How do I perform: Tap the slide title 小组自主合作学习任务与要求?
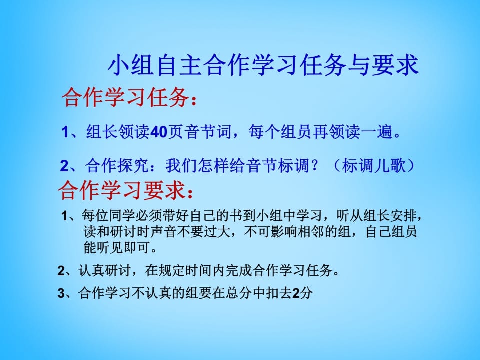pos(263,65)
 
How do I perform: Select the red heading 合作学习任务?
pos(125,98)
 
